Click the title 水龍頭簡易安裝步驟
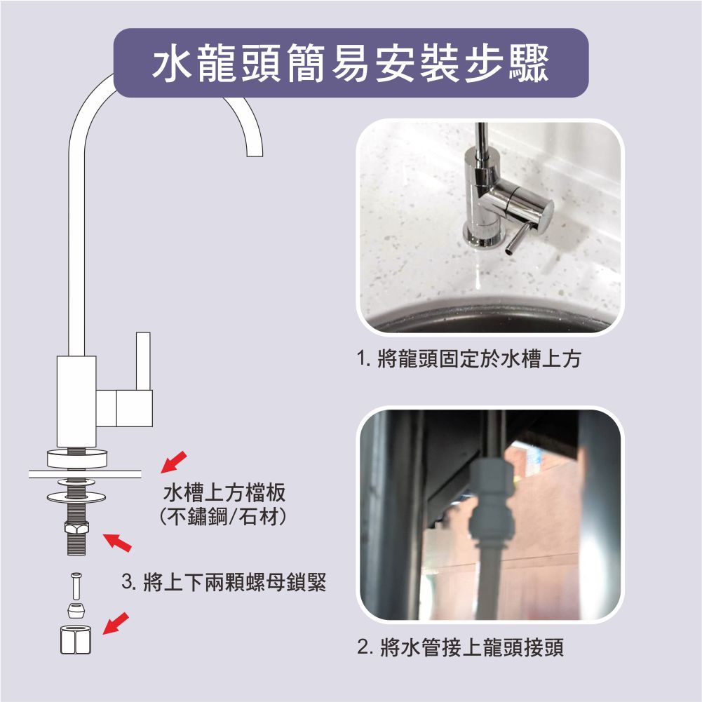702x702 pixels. [351, 63]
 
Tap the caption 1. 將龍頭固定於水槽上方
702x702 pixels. [468, 358]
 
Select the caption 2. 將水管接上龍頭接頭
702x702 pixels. [461, 647]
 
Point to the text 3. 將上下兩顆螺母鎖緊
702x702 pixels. [224, 582]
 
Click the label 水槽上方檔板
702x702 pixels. [224, 493]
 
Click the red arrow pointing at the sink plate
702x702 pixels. [174, 462]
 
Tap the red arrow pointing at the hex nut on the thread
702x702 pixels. [117, 542]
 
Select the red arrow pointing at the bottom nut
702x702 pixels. [116, 623]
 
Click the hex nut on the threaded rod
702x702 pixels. [76, 528]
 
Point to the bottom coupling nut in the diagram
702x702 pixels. [75, 640]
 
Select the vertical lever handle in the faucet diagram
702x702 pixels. [143, 361]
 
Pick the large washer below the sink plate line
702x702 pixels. [76, 497]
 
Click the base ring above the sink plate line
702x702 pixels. [77, 459]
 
